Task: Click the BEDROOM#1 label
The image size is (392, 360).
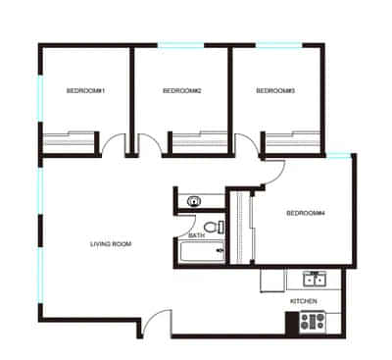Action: (85, 90)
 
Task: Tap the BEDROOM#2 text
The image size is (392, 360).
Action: (181, 90)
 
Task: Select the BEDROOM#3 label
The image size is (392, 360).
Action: (275, 90)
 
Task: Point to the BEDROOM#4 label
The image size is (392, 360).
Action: (305, 213)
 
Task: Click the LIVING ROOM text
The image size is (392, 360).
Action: (111, 243)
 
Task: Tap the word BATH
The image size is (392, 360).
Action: (196, 235)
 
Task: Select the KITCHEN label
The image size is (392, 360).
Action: (303, 300)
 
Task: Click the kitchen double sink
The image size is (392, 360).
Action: (315, 277)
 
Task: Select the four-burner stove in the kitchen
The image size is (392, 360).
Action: (313, 320)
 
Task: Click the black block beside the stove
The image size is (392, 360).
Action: (291, 320)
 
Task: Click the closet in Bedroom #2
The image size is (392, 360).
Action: (198, 141)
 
